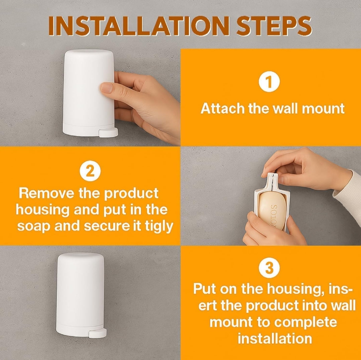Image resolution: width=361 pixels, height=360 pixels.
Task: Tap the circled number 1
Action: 269,82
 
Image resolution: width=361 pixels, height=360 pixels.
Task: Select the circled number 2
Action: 90,171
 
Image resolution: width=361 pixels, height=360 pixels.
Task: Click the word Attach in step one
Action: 223,108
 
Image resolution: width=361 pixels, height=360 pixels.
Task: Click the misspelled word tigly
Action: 159,227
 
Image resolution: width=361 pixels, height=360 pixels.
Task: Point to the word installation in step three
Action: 275,339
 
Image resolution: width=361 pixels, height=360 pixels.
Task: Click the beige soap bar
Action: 272,211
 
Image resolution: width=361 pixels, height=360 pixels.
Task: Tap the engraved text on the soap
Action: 273,215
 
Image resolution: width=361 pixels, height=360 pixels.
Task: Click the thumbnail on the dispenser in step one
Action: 107,88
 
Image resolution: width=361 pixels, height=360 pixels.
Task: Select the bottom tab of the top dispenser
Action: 108,133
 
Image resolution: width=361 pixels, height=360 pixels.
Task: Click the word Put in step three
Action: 205,289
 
